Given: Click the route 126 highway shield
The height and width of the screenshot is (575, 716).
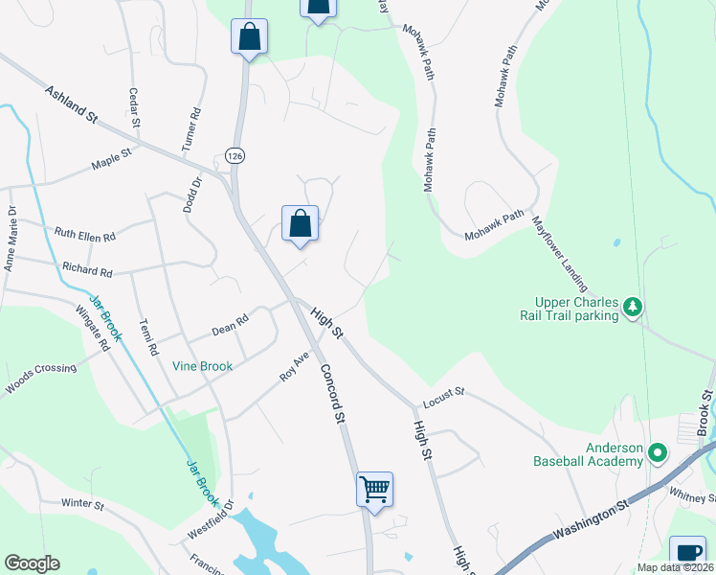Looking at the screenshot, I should [x=234, y=155].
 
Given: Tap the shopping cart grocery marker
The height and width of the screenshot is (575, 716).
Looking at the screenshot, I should [x=374, y=489].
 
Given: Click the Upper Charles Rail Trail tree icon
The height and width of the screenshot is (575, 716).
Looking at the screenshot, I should [x=632, y=307].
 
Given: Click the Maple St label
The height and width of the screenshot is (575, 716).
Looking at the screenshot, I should [x=111, y=164].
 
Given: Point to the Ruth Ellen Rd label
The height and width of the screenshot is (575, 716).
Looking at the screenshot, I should [x=84, y=234].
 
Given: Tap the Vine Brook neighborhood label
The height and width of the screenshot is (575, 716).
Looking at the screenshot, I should [x=204, y=366].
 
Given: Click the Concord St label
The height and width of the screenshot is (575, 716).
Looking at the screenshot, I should [x=332, y=393].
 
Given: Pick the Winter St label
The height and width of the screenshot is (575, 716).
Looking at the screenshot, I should [x=81, y=503].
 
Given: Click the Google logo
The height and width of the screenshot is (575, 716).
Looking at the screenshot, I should [x=32, y=563].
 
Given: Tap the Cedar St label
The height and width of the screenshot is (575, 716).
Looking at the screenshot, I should [x=134, y=108].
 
